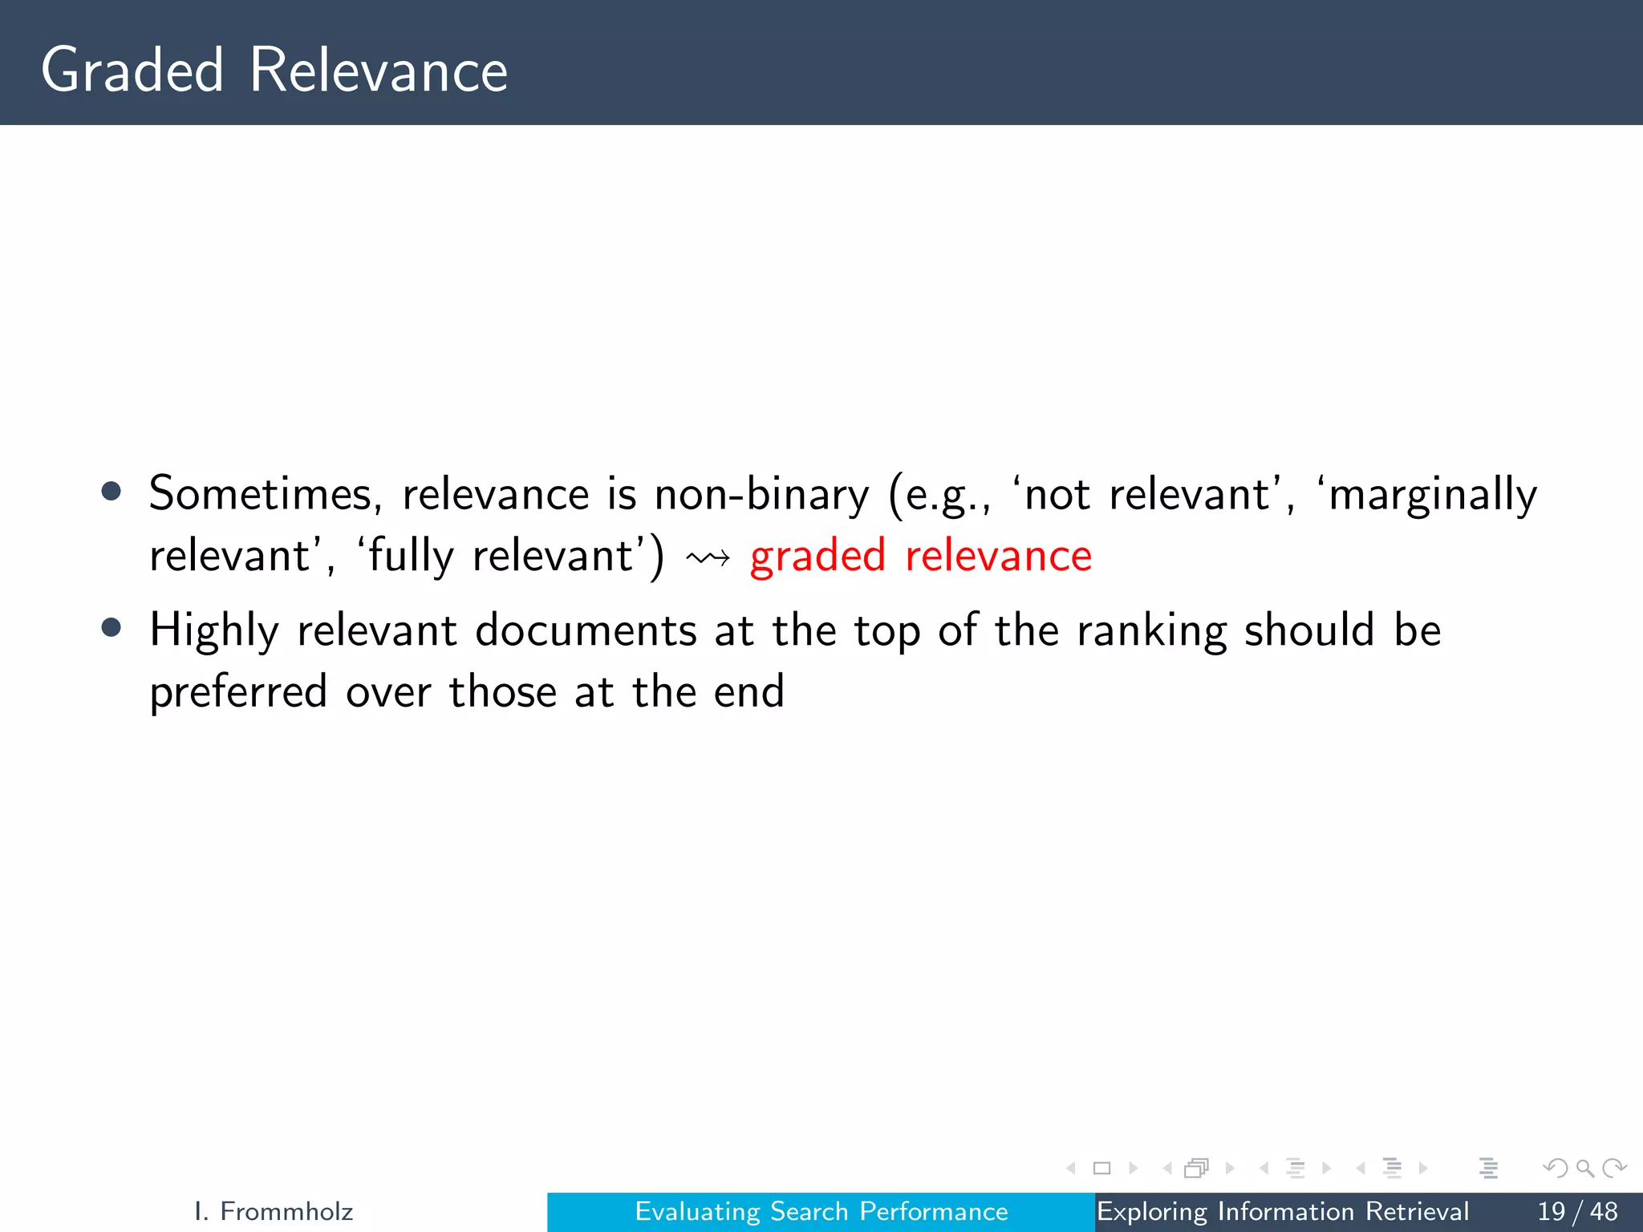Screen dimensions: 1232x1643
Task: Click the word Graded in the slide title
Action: tap(132, 71)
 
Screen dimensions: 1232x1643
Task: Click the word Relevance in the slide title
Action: tap(379, 71)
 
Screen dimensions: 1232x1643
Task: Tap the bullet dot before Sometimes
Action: tap(112, 492)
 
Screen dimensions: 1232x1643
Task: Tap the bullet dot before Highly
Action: tap(112, 628)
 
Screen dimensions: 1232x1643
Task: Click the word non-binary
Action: tap(761, 495)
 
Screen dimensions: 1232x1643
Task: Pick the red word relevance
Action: tap(999, 556)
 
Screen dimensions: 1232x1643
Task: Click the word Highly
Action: tap(214, 631)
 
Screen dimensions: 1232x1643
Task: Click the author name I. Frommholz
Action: tap(274, 1211)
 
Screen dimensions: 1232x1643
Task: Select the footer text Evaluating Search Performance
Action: tap(821, 1211)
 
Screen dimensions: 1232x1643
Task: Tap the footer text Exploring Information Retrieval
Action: tap(1283, 1211)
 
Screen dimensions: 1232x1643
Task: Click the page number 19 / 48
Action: tap(1577, 1211)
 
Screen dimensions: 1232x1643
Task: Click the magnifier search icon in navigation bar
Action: tap(1584, 1169)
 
